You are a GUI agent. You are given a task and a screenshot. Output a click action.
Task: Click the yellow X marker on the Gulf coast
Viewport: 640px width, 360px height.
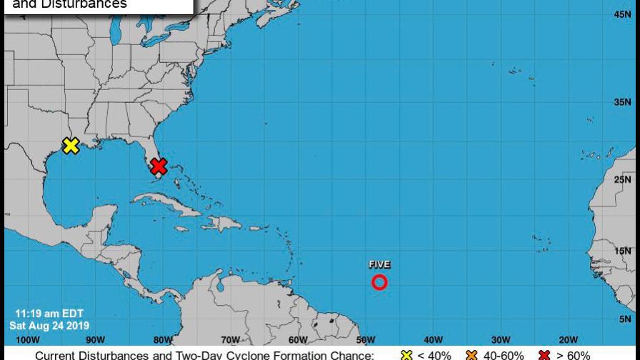70,146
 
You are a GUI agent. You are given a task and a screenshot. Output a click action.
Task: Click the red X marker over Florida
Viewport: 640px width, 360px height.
159,166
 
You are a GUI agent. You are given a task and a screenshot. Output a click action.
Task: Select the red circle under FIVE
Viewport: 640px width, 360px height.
379,282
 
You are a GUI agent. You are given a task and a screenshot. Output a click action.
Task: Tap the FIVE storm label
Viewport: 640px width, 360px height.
379,265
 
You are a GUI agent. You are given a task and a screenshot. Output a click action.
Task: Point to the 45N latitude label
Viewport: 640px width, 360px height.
621,14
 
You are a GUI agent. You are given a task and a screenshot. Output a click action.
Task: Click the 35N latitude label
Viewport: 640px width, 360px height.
621,102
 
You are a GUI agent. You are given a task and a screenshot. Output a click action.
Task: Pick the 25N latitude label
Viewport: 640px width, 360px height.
621,180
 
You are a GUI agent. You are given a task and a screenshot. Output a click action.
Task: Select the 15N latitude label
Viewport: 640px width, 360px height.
621,251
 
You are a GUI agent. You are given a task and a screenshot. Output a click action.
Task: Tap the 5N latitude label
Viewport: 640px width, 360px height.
624,319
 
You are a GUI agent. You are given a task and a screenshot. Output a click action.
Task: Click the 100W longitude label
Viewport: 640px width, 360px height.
27,340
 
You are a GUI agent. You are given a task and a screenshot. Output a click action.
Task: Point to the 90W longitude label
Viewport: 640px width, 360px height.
95,340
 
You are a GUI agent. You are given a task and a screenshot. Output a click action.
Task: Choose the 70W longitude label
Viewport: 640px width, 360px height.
230,340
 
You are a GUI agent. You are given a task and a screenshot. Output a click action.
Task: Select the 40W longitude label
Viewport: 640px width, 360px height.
433,340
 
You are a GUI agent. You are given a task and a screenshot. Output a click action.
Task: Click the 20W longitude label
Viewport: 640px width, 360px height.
568,340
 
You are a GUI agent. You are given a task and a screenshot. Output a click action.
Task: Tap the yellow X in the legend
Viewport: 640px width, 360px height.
407,355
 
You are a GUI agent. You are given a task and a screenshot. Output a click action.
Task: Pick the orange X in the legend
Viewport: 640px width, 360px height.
471,355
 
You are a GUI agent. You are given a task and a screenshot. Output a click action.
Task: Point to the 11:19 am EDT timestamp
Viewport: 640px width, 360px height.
49,314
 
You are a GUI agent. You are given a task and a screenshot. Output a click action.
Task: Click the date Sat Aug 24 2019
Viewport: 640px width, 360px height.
49,326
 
